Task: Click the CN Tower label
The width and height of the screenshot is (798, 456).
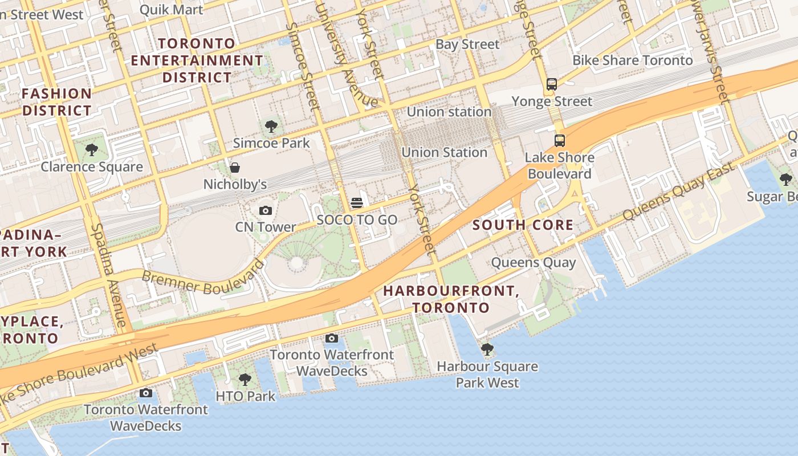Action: (266, 227)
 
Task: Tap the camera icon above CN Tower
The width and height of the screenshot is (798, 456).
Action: (265, 211)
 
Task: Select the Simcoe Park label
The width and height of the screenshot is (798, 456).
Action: (271, 143)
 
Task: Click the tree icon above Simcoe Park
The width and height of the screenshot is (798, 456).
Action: (271, 127)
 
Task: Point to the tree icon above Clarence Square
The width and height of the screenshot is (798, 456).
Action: (91, 150)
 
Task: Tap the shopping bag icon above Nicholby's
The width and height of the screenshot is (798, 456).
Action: (234, 168)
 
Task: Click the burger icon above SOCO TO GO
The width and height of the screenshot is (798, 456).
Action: (357, 203)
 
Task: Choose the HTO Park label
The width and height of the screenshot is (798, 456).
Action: (246, 396)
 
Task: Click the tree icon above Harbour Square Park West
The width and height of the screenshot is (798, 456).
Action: (487, 349)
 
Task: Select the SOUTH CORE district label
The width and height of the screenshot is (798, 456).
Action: (523, 225)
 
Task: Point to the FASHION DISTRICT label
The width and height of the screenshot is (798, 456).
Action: (56, 102)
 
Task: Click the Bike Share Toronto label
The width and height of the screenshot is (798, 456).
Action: (633, 60)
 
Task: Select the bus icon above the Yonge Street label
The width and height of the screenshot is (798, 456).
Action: (551, 84)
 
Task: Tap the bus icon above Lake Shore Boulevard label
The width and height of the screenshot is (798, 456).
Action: (560, 140)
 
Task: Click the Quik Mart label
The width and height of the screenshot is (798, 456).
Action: (171, 10)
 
